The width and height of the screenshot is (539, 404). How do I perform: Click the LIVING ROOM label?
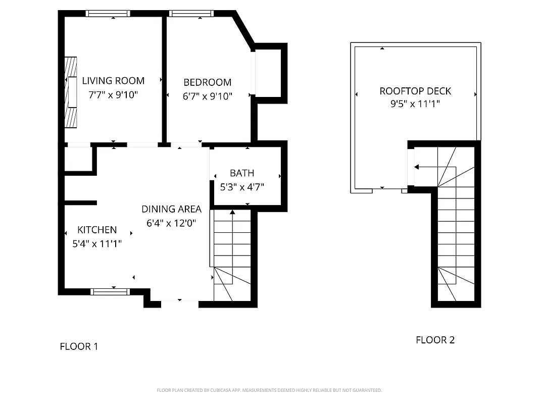[113, 81]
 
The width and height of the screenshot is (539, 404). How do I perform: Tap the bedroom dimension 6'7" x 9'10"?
[207, 96]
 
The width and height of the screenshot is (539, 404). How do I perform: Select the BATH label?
[242, 173]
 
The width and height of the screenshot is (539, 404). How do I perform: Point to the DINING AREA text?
[171, 209]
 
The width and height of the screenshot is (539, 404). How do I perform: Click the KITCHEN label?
[97, 230]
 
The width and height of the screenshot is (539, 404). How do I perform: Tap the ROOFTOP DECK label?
[415, 91]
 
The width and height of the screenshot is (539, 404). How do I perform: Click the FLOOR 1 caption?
[79, 346]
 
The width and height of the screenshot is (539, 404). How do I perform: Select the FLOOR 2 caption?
[435, 340]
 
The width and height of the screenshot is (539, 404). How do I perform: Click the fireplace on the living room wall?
[71, 92]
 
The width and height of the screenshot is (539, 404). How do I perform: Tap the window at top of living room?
[108, 14]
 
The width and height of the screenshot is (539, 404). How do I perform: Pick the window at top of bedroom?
[191, 14]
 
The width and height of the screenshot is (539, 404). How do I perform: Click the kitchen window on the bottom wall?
[110, 291]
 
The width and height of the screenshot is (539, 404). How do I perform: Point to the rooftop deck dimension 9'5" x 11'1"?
[415, 105]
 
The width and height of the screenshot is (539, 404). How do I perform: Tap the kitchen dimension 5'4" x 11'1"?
[97, 243]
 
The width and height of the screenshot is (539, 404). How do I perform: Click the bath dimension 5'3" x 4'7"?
[242, 187]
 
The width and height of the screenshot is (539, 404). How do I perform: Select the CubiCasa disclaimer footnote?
[269, 390]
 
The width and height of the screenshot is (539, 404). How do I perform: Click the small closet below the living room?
[78, 159]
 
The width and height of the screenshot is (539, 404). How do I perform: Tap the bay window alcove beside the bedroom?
[269, 71]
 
